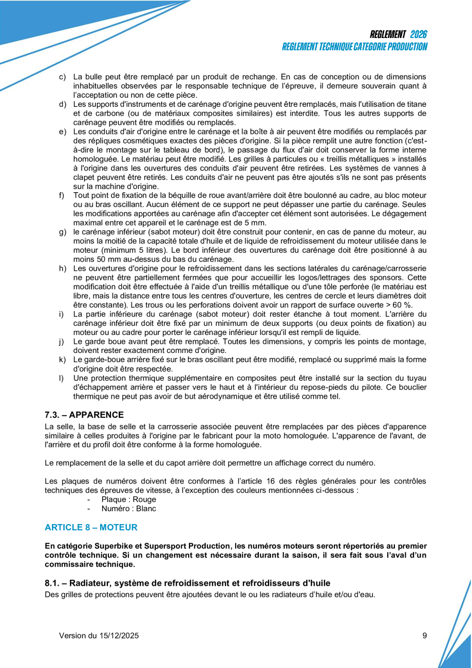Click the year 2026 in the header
coord(419,34)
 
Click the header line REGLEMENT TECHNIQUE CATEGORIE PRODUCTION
coord(354,47)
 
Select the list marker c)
coord(62,77)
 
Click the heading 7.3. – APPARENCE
coord(84,415)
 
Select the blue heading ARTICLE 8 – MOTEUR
coord(91,527)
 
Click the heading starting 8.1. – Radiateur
coord(187,583)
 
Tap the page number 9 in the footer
coord(425,636)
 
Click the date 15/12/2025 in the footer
coord(119,636)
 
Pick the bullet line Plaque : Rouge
coord(129,499)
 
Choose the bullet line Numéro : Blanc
coord(129,509)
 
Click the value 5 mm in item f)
coord(256,222)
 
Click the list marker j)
coord(62,342)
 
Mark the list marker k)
coord(62,360)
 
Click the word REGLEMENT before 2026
coord(388,34)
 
